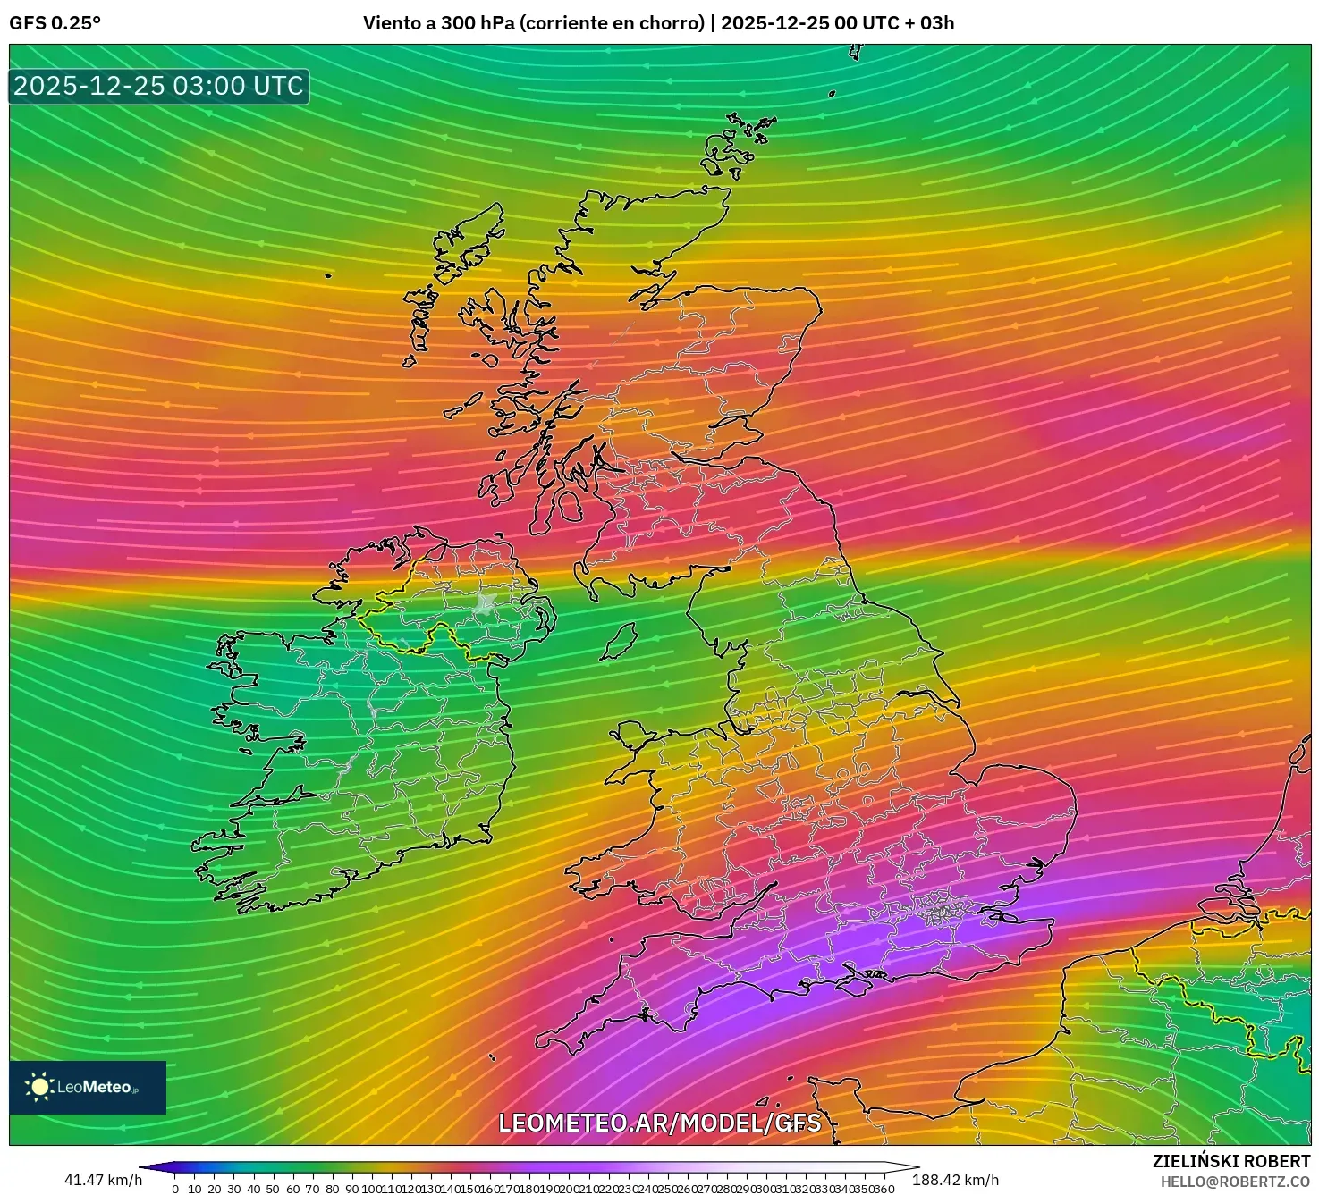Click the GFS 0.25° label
[55, 23]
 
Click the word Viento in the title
[389, 23]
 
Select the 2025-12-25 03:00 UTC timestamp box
[159, 87]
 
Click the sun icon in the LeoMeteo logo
[39, 1087]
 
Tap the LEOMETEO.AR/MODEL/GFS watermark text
[659, 1123]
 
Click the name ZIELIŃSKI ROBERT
[1230, 1161]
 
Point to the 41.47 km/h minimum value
[103, 1180]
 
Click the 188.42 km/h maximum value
[955, 1180]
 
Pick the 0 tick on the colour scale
[175, 1189]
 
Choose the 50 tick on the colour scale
[273, 1189]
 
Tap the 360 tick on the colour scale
[884, 1189]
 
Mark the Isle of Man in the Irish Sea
[618, 642]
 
